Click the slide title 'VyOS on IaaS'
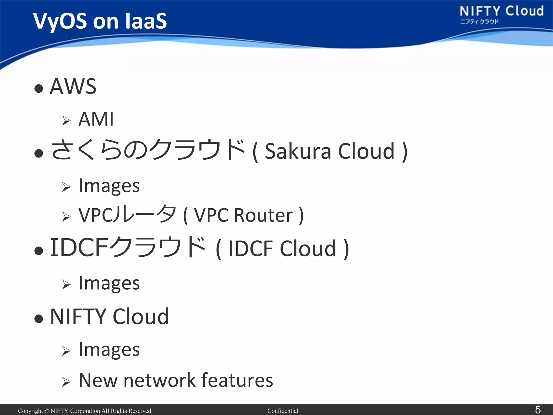pos(100,21)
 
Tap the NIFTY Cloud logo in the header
pos(501,14)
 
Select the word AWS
pos(73,86)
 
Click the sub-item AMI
pos(96,119)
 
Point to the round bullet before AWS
pos(39,88)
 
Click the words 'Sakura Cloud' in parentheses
pos(330,151)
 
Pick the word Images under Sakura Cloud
pos(109,186)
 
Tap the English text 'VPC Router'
pos(243,215)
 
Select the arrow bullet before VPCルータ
pos(66,217)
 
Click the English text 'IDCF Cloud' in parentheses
pos(282,249)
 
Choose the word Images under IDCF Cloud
pos(109,283)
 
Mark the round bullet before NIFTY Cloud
pos(39,319)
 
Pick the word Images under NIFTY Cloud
pos(109,350)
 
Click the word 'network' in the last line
pos(159,380)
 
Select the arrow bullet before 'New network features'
pos(66,382)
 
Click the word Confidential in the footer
pos(283,411)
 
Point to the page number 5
pos(538,410)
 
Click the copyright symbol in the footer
pos(46,411)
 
